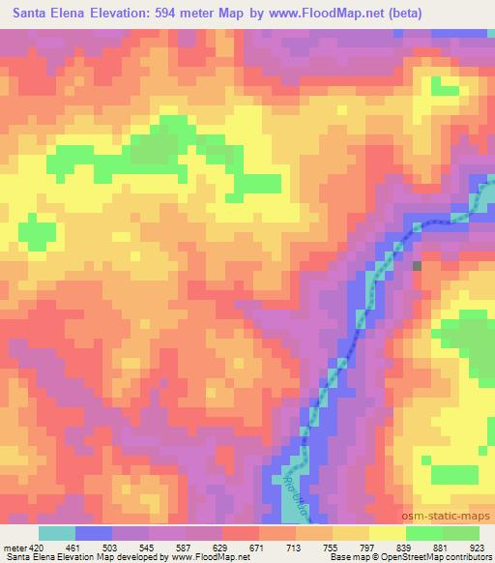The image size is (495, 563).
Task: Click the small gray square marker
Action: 418,265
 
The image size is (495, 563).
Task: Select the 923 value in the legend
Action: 479,548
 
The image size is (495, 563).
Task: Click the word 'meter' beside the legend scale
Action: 14,548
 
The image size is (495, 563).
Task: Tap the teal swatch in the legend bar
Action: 56,533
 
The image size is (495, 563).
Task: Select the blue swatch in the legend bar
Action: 93,533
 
